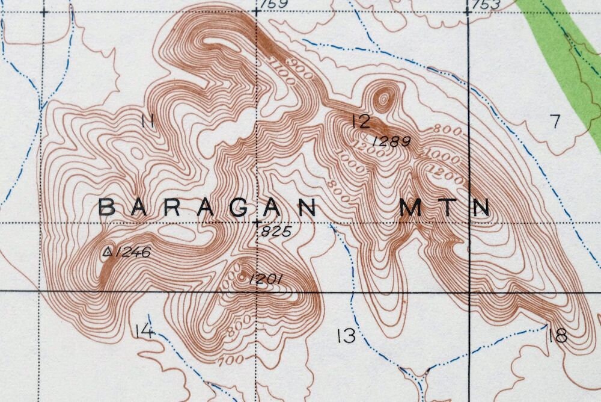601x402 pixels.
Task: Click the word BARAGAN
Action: [207, 208]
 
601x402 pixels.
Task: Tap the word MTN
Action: [445, 208]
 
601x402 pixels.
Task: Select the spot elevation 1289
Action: [392, 142]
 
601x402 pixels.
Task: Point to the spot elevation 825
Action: [277, 231]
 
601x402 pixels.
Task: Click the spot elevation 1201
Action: [265, 279]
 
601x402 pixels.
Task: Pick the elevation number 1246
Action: [132, 252]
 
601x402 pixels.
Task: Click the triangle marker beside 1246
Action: [108, 252]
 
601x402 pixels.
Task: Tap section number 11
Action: [147, 121]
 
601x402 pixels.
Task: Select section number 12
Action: [361, 122]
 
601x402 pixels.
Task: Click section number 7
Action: [555, 122]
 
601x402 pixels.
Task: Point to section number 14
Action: [144, 331]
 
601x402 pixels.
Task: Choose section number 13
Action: [346, 336]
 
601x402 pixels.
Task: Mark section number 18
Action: [558, 336]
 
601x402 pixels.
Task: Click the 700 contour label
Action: [231, 360]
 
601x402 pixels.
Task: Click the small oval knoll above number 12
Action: [382, 97]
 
